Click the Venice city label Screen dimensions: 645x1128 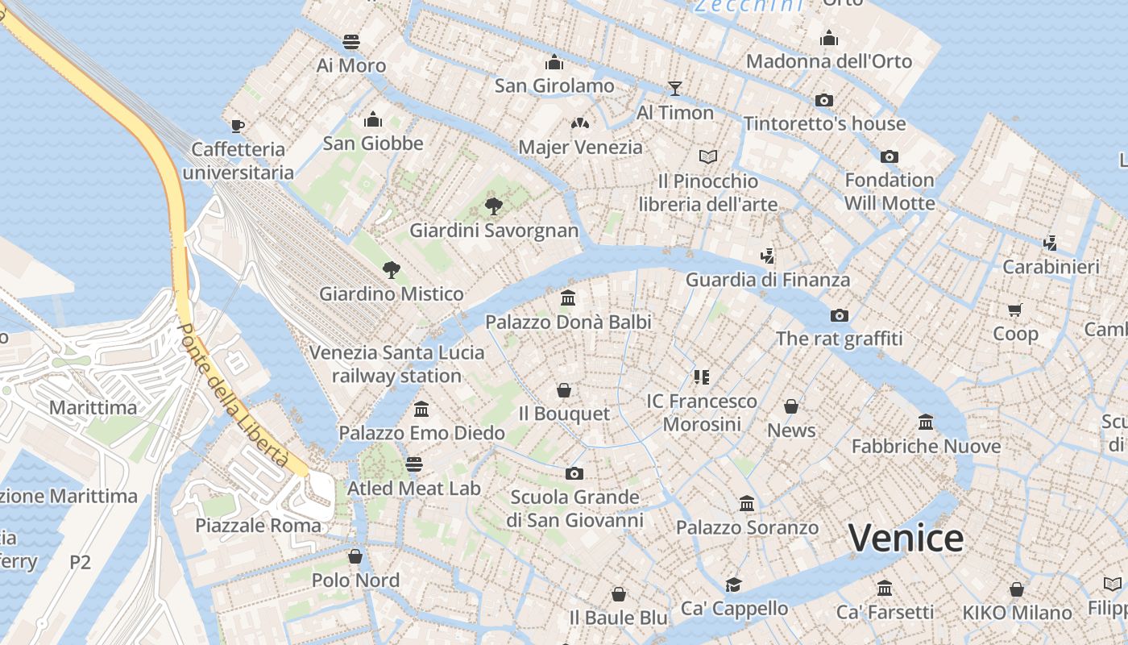click(906, 538)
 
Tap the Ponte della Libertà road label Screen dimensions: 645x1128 click(233, 395)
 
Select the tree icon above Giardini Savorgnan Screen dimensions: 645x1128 click(493, 206)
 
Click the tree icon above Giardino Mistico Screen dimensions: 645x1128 click(392, 269)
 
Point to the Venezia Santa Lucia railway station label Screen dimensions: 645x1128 click(397, 364)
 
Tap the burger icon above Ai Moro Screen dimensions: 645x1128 click(351, 41)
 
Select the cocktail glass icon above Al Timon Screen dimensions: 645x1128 click(675, 88)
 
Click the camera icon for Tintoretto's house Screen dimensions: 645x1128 click(823, 100)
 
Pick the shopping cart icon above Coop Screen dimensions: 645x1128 click(1015, 310)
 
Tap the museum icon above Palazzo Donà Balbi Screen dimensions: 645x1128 click(568, 298)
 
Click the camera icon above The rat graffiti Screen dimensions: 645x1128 click(840, 314)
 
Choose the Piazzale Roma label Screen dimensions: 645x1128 click(258, 526)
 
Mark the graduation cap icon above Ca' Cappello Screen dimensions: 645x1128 click(733, 585)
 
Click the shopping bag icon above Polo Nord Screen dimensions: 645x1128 click(355, 556)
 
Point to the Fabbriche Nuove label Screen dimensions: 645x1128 click(926, 446)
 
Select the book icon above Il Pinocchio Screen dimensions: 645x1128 click(708, 156)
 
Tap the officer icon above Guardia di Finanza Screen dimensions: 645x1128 click(768, 256)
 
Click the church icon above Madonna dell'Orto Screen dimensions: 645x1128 click(829, 38)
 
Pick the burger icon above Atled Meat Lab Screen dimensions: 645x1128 click(414, 464)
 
